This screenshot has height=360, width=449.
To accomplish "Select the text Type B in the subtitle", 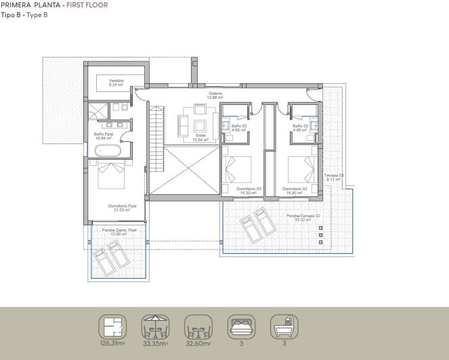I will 37,14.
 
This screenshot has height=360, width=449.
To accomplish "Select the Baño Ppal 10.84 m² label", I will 103,135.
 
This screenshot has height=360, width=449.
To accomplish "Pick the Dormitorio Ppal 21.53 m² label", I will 123,208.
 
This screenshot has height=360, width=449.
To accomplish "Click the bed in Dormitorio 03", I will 237,169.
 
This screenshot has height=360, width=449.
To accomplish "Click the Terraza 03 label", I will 335,177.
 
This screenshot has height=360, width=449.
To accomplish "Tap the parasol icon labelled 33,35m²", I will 155,328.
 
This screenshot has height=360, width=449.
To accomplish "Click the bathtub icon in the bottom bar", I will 284,328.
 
